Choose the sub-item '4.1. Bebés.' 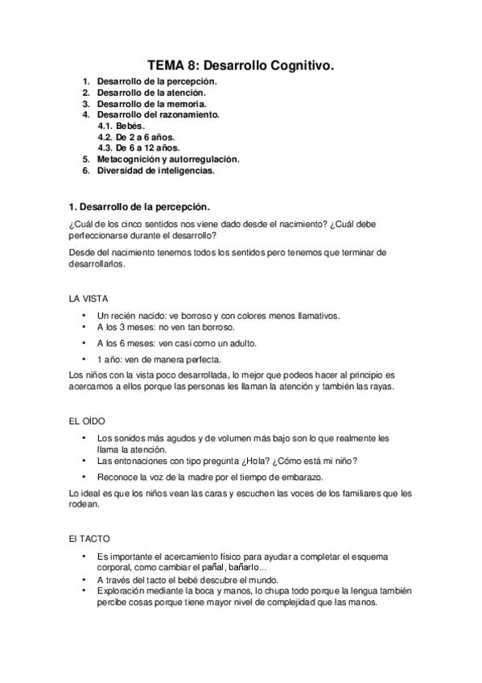(122, 126)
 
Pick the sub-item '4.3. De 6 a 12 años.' (138, 148)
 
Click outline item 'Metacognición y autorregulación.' (168, 159)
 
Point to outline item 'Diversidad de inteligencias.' (156, 171)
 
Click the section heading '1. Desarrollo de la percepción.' (141, 206)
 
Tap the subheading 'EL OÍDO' (87, 421)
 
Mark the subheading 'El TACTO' (90, 537)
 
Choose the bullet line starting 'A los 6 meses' (176, 342)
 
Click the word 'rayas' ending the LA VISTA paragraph (379, 387)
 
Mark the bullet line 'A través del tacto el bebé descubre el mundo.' (187, 580)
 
